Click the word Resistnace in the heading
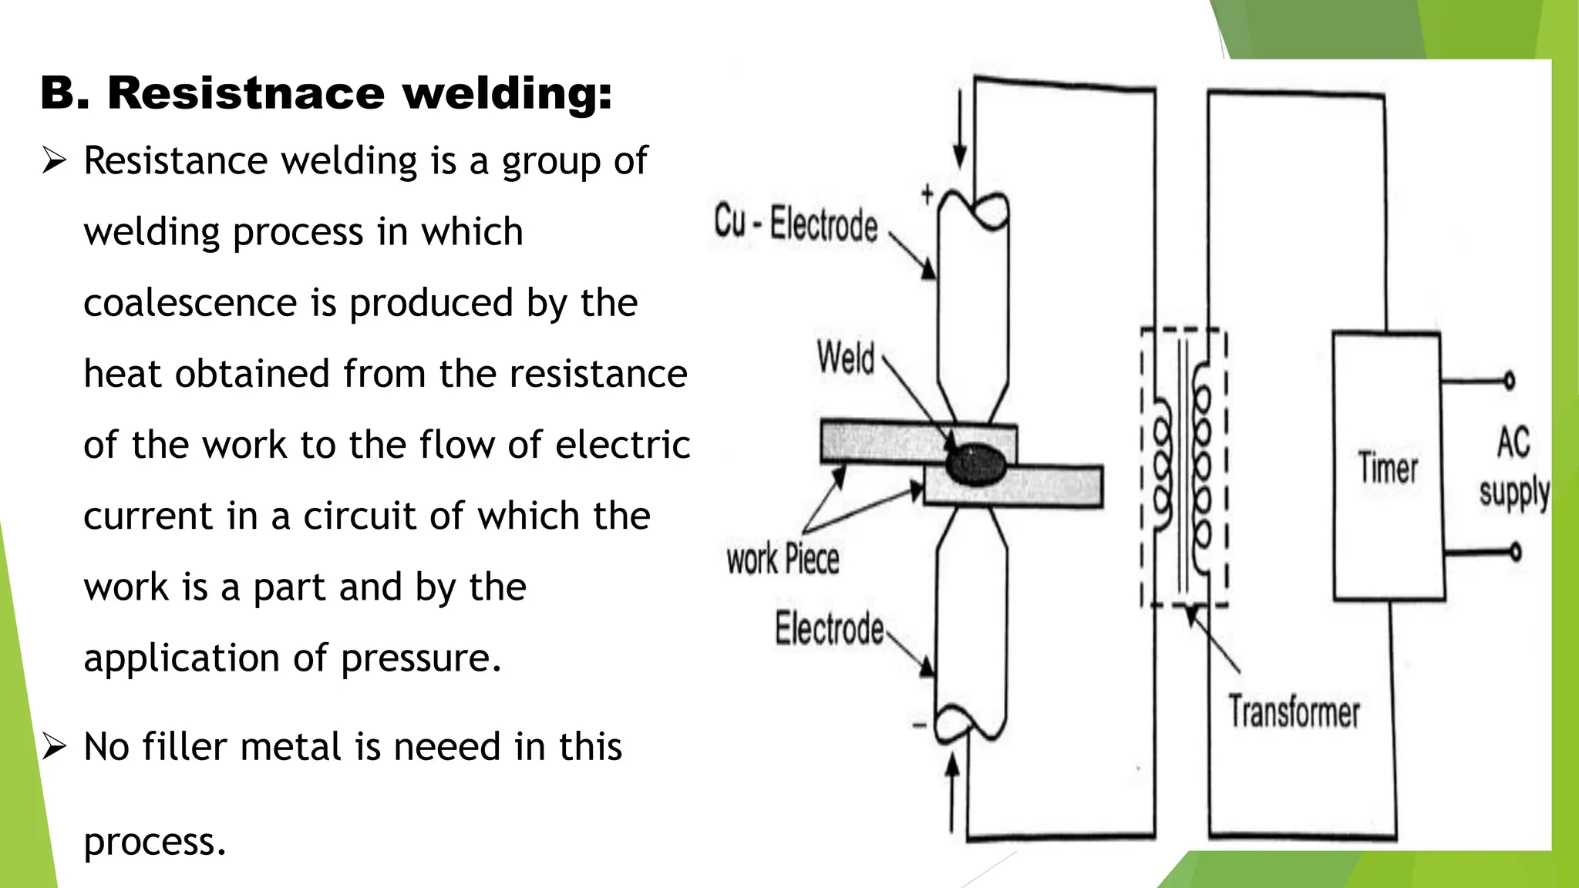coord(245,93)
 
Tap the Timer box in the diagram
coord(1387,467)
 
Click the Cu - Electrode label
coord(795,224)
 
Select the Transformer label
coord(1294,711)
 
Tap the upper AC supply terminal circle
coord(1509,380)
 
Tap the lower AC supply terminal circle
coord(1515,552)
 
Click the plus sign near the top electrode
coord(928,194)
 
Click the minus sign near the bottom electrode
coord(919,725)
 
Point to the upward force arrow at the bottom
coord(953,790)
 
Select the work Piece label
coord(782,559)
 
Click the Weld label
coord(846,359)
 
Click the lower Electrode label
coord(829,628)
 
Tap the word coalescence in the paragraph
coord(190,302)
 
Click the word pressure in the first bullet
coord(420,658)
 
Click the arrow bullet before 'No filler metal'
coord(55,746)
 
